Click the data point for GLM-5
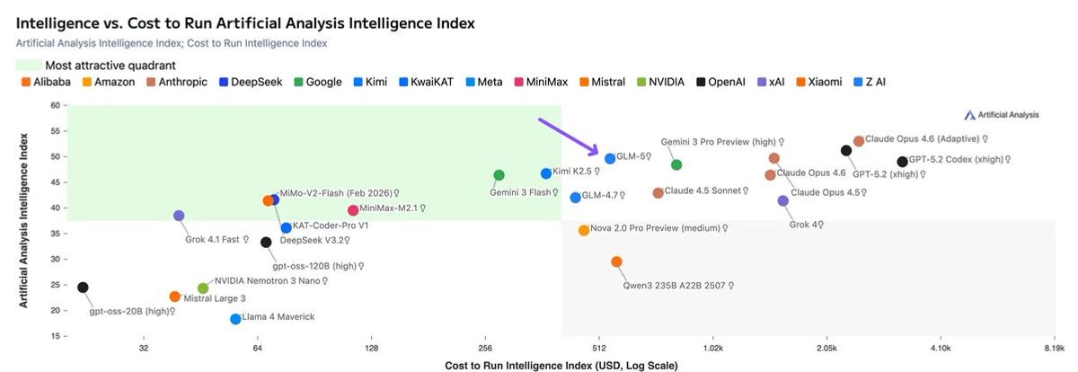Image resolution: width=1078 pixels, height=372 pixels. pyautogui.click(x=610, y=158)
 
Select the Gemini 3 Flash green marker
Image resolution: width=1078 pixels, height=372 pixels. pyautogui.click(x=499, y=175)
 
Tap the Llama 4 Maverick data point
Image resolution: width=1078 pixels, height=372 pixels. pyautogui.click(x=235, y=319)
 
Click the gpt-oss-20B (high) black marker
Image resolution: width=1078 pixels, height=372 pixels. pyautogui.click(x=83, y=288)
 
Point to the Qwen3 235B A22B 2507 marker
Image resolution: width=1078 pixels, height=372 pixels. pyautogui.click(x=616, y=261)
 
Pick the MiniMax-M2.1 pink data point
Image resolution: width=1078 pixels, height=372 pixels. pyautogui.click(x=353, y=210)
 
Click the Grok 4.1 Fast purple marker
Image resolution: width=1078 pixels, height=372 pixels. pyautogui.click(x=179, y=216)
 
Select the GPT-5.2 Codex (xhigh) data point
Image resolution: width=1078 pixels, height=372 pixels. pyautogui.click(x=902, y=162)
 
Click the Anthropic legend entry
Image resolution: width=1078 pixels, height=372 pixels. pyautogui.click(x=177, y=82)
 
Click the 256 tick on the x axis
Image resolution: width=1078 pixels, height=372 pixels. pyautogui.click(x=485, y=348)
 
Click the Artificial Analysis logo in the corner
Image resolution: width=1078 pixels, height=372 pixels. pyautogui.click(x=1001, y=115)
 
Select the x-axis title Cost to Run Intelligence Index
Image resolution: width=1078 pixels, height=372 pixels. pyautogui.click(x=561, y=366)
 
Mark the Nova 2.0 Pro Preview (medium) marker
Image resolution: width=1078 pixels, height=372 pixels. pyautogui.click(x=584, y=230)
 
